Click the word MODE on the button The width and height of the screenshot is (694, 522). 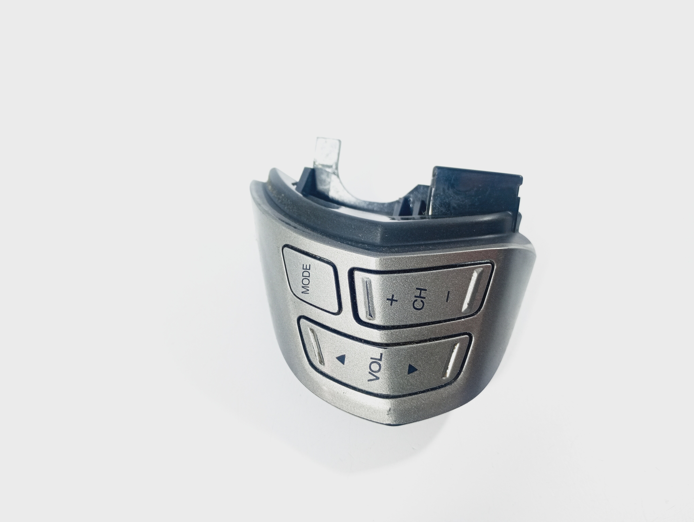[306, 279]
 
